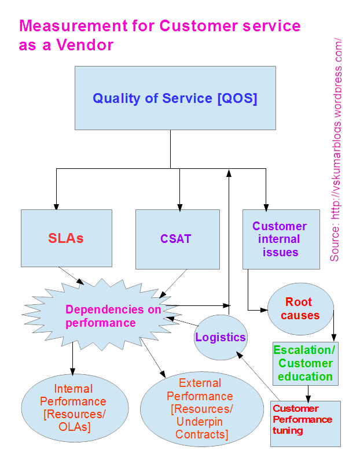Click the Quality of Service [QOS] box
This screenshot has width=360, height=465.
(175, 98)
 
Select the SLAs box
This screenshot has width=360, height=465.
(66, 238)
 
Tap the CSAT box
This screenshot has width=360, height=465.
(177, 238)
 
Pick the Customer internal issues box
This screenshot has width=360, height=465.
(280, 239)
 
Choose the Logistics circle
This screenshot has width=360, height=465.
(220, 338)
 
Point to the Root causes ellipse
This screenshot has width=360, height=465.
(300, 309)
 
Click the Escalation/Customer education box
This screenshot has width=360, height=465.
(304, 363)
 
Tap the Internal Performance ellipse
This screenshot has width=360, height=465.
(74, 408)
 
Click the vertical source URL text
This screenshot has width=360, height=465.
(336, 150)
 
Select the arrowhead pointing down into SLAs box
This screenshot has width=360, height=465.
(57, 206)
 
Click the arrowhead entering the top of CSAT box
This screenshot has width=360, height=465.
(180, 206)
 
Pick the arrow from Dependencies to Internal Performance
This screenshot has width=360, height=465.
(72, 359)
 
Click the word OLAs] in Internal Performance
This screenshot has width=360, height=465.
(74, 427)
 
